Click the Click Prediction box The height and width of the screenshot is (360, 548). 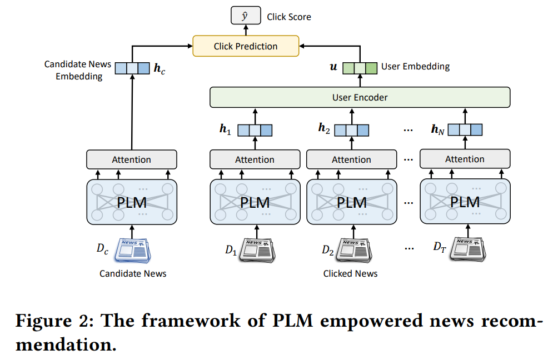246,46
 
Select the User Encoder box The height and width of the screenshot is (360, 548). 360,97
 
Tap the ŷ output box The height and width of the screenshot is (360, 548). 245,17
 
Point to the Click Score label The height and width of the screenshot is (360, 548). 289,17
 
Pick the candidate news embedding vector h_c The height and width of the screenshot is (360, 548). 132,68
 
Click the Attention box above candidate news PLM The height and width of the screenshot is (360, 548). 132,159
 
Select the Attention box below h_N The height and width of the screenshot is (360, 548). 465,159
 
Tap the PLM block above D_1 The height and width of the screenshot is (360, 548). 255,201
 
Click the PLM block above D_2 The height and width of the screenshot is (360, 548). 352,201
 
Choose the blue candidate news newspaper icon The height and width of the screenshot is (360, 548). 132,250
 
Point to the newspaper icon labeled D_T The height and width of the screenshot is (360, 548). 468,249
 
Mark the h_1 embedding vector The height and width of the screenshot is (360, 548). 255,130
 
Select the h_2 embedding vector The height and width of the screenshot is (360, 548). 351,130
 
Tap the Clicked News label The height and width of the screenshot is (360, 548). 350,273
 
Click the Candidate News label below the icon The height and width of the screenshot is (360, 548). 133,273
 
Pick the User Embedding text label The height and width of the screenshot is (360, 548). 415,67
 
